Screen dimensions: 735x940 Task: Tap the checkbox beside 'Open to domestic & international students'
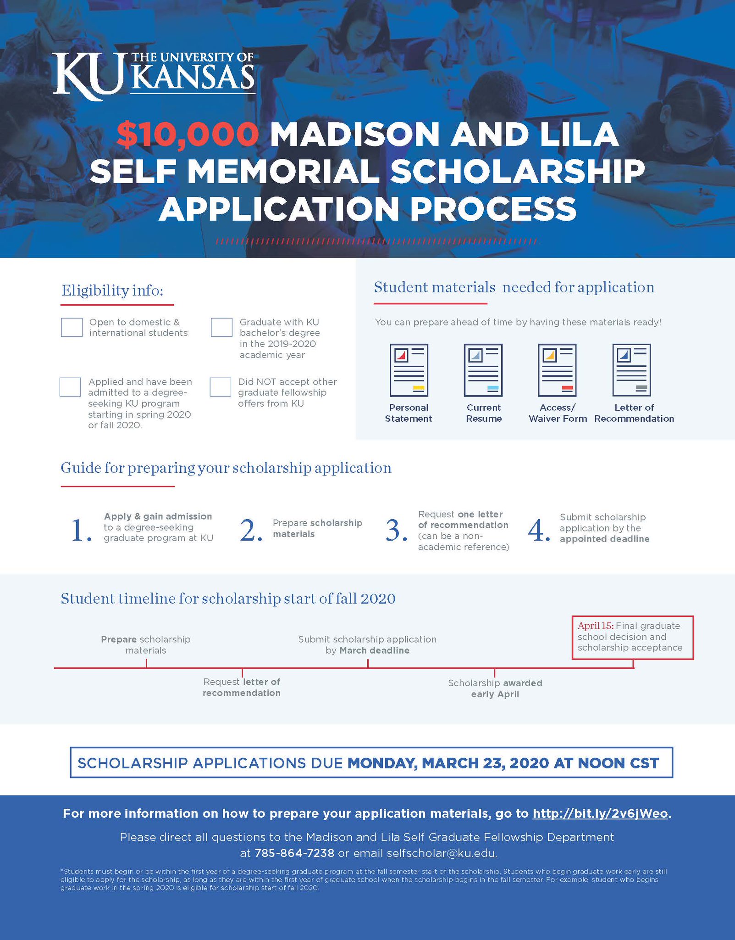[72, 327]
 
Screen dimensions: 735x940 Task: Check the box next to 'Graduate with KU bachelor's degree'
[221, 327]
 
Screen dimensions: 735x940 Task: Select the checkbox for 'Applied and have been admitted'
[70, 387]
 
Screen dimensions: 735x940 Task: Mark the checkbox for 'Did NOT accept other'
[221, 387]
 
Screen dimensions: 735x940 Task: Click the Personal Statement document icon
[409, 370]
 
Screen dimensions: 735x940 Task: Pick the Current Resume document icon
[483, 370]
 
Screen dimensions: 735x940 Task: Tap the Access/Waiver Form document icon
[557, 370]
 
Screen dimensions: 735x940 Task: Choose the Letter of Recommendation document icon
[631, 370]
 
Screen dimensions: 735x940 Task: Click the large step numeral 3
[395, 531]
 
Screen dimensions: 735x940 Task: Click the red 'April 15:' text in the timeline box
[595, 626]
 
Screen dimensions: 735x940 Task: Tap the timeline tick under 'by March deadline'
[368, 664]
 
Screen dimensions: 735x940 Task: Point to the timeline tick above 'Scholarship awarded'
[494, 672]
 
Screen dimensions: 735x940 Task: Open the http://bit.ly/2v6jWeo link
[600, 814]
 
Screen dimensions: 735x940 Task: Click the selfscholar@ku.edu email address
[442, 853]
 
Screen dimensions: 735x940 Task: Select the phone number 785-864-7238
[294, 853]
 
